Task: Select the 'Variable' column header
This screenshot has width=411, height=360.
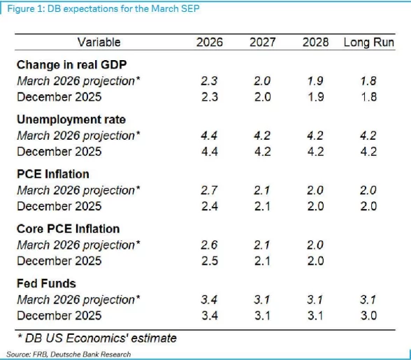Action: (x=99, y=43)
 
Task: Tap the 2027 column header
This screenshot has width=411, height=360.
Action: (x=264, y=43)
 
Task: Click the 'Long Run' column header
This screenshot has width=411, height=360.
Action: (x=368, y=43)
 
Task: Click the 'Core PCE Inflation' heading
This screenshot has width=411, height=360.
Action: (x=68, y=229)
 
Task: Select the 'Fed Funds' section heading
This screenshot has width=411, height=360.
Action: (x=46, y=283)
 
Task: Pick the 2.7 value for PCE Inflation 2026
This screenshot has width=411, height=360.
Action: (x=208, y=190)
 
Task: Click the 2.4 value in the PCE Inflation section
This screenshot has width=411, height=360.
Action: (x=208, y=206)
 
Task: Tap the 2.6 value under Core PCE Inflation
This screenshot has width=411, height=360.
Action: (x=208, y=245)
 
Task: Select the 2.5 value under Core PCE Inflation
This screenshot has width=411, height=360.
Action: (x=208, y=261)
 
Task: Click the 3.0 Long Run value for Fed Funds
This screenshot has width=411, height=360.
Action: (x=368, y=315)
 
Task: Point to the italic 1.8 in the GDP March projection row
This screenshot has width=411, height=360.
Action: (x=368, y=81)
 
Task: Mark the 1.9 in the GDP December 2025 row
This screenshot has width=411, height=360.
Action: (x=315, y=97)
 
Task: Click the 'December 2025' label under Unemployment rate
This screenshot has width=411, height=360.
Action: (x=59, y=152)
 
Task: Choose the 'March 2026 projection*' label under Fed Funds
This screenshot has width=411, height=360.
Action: (x=78, y=299)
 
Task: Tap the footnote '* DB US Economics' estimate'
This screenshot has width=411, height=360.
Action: (x=96, y=338)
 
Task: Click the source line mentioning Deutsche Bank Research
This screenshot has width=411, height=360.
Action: (x=68, y=354)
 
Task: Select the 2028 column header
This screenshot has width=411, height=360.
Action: (x=315, y=43)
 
